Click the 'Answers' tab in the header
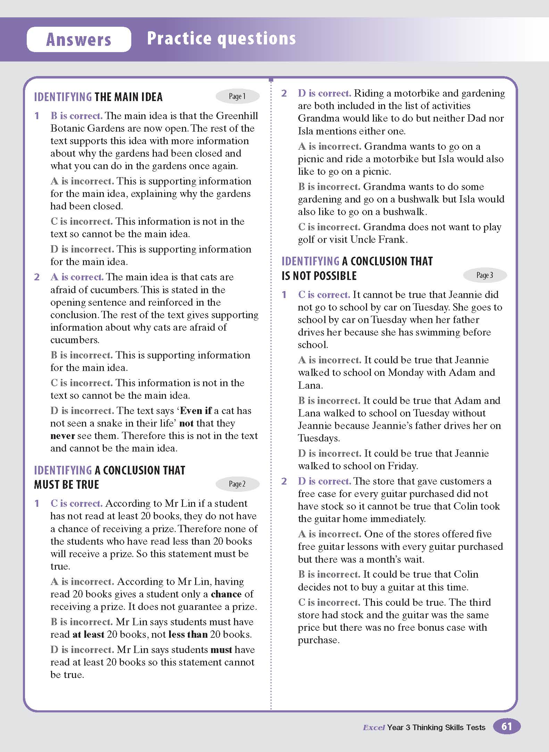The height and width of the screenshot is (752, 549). pyautogui.click(x=79, y=39)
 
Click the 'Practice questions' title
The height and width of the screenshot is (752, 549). pyautogui.click(x=221, y=38)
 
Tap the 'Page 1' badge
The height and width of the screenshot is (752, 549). pyautogui.click(x=238, y=97)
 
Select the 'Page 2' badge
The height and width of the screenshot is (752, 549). pyautogui.click(x=238, y=484)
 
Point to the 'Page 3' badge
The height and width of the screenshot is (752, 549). pyautogui.click(x=485, y=275)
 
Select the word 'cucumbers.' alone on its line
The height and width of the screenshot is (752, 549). pyautogui.click(x=75, y=340)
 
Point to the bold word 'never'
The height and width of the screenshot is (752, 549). pyautogui.click(x=63, y=436)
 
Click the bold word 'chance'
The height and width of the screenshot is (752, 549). pyautogui.click(x=226, y=594)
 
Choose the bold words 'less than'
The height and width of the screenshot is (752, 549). pyautogui.click(x=188, y=634)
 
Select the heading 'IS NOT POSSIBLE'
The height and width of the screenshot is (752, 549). pyautogui.click(x=319, y=276)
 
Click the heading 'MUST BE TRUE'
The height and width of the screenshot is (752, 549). pyautogui.click(x=67, y=485)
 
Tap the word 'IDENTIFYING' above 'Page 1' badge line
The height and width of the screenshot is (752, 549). pyautogui.click(x=63, y=97)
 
